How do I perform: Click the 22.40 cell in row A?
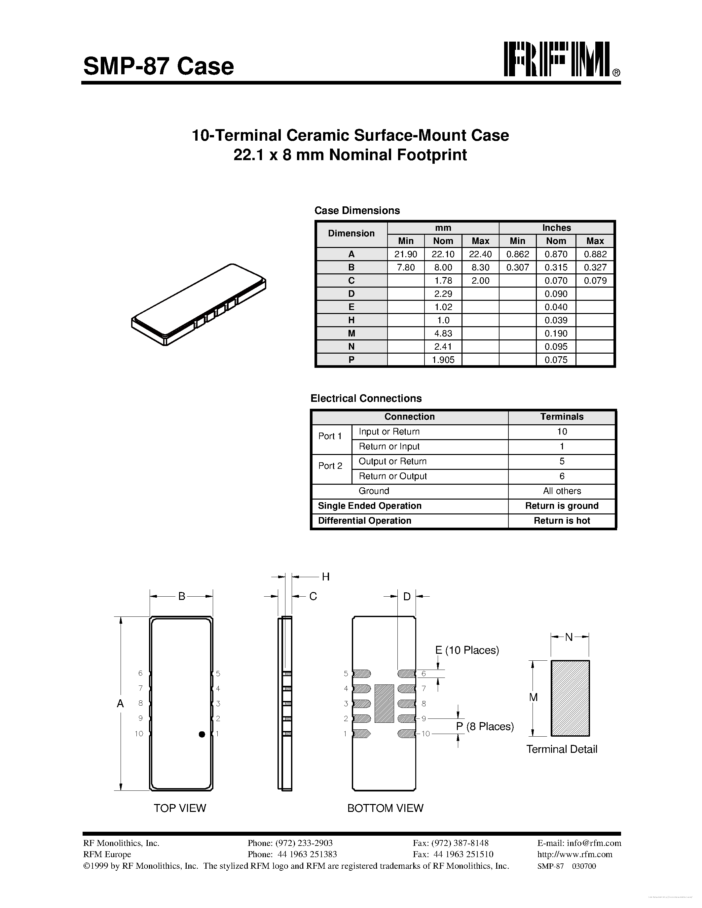tap(480, 254)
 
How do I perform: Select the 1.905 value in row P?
tap(443, 360)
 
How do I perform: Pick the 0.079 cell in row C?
tap(595, 281)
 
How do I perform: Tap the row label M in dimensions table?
tap(351, 333)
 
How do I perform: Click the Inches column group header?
tap(556, 228)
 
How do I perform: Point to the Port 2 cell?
tap(330, 466)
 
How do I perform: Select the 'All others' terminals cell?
tap(562, 491)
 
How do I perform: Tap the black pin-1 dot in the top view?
tap(202, 734)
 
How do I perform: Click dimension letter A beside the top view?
tap(120, 703)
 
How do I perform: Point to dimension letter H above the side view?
tap(326, 576)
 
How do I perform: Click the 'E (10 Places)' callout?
tap(467, 650)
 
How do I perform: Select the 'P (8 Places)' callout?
tap(485, 726)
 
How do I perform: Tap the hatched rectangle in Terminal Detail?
tap(570, 698)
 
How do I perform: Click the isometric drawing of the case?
tap(199, 305)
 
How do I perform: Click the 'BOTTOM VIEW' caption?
tap(385, 808)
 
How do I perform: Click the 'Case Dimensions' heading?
tap(357, 210)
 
